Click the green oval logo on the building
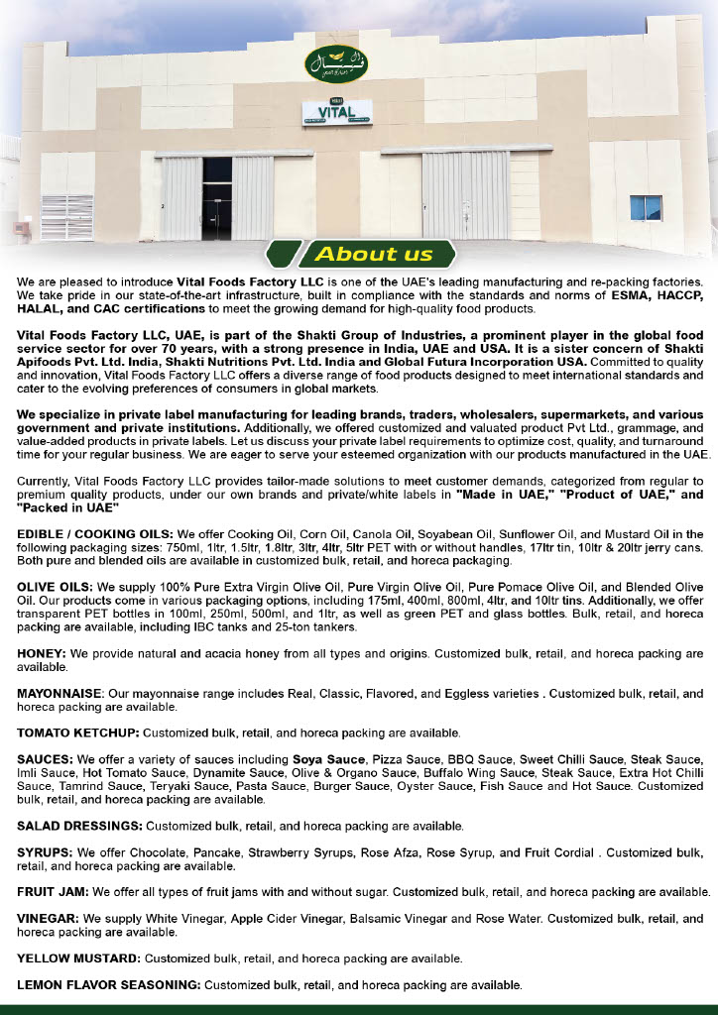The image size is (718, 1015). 328,64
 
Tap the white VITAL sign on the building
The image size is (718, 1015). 337,112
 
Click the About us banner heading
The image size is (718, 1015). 374,254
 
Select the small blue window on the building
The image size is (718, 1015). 646,208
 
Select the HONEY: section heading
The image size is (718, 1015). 41,654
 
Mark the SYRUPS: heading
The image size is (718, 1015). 45,852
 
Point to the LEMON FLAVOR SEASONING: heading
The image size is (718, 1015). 109,985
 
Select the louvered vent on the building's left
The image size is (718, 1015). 67,217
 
